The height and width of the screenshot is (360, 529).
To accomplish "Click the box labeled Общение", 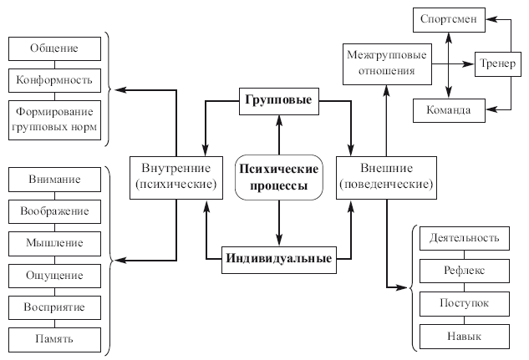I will pos(56,48).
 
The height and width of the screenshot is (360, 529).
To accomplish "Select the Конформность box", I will pos(56,80).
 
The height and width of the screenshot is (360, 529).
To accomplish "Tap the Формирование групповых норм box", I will pos(56,119).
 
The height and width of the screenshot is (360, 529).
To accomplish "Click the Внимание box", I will pos(54,180).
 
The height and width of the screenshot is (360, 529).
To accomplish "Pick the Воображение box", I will pos(54,211).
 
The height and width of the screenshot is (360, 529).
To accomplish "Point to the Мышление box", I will pos(54,243).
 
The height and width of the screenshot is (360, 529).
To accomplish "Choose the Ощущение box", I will pos(54,275).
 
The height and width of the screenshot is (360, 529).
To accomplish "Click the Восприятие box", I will pos(54,307).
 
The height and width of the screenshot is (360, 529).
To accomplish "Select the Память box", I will pos(54,339).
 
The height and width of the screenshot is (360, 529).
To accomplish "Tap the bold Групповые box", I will pos(278,100).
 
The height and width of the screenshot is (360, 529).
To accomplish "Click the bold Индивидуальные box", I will pos(278,259).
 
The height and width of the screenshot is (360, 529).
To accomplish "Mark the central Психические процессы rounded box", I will pos(278,177).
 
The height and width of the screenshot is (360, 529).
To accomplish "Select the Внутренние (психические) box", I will pos(176,177).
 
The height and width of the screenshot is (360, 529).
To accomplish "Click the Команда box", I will pos(450,110).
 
